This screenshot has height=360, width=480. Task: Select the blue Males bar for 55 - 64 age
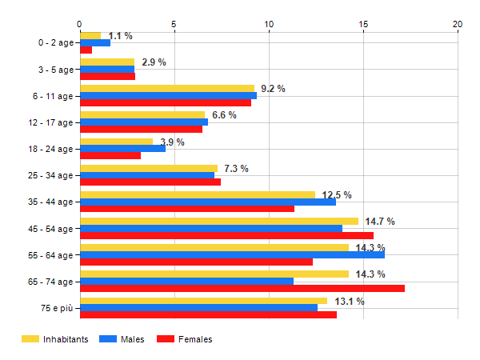(x=232, y=254)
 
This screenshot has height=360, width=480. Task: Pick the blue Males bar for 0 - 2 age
(x=94, y=42)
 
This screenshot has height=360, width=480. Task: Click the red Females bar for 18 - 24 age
(x=110, y=155)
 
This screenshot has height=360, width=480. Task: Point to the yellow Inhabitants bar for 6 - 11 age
(x=166, y=89)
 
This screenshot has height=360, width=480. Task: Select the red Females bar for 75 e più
(x=208, y=314)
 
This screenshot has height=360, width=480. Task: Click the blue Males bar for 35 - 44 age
(x=207, y=202)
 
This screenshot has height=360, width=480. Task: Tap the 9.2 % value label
(x=273, y=89)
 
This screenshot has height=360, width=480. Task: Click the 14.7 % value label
(x=380, y=222)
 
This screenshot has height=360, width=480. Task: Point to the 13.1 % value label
(x=350, y=302)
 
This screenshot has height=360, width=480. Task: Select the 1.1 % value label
(x=120, y=36)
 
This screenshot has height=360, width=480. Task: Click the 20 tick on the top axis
(x=458, y=24)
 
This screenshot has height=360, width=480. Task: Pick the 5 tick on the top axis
(x=174, y=24)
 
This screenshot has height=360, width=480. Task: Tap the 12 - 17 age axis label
(x=50, y=122)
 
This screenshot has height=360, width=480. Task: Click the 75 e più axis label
(x=57, y=308)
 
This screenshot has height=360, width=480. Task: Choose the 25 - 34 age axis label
(x=50, y=175)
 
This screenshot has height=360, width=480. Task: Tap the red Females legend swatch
(x=166, y=339)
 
